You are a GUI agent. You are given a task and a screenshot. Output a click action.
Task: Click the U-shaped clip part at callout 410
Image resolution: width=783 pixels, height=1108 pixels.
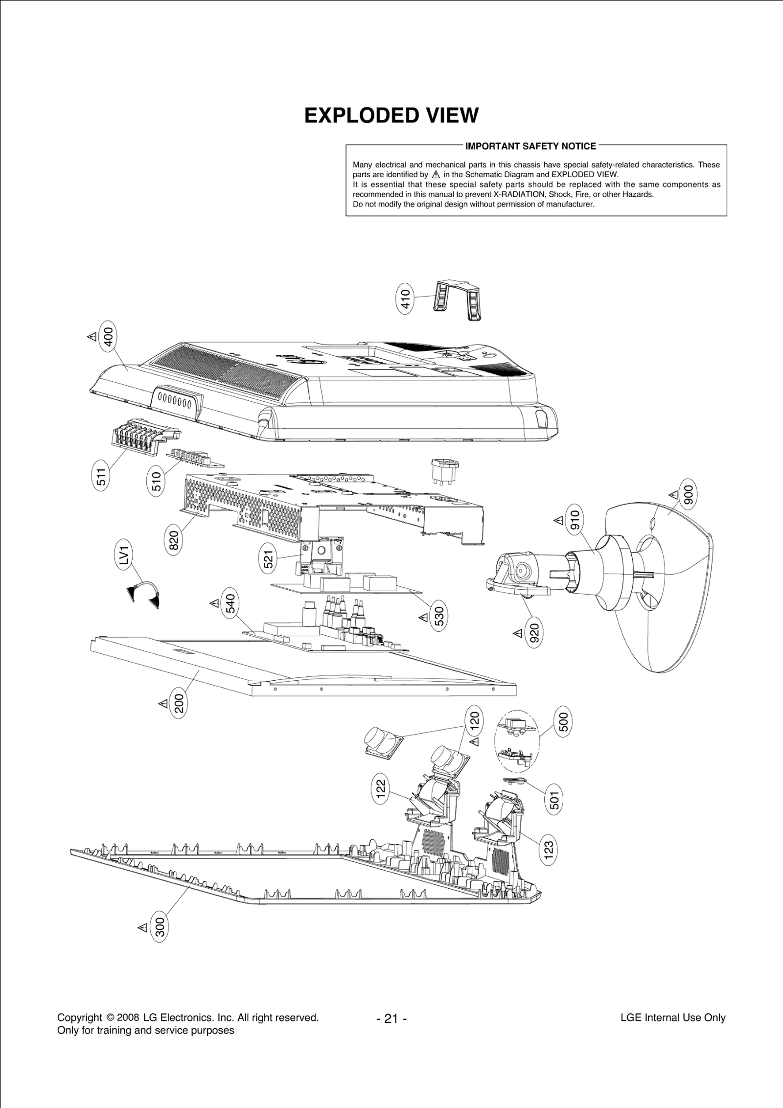(x=458, y=299)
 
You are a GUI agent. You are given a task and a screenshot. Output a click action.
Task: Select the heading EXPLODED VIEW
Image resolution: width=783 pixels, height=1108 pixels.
(x=391, y=116)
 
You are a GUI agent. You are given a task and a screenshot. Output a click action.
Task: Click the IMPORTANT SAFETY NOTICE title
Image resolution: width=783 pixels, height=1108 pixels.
(x=530, y=146)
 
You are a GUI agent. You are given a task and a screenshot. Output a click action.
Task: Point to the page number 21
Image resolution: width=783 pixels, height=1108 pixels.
(x=391, y=1019)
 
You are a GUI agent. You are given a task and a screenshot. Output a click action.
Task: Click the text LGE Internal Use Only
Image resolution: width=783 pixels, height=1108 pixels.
(x=672, y=1018)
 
